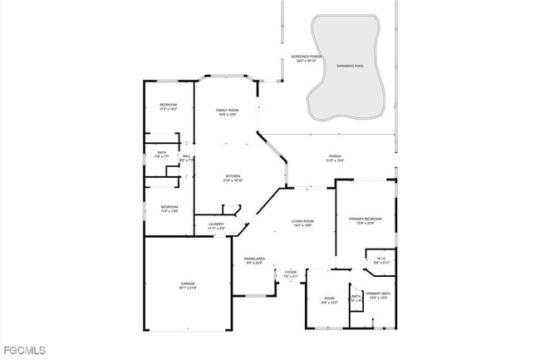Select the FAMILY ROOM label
(227, 111)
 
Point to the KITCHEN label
(233, 175)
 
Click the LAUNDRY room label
(216, 224)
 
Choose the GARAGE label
(188, 284)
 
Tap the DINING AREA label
(254, 259)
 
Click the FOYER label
(291, 272)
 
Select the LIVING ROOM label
(302, 220)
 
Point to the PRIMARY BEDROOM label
(366, 219)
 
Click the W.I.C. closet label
(381, 259)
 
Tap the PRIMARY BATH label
(378, 293)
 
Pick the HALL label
(187, 155)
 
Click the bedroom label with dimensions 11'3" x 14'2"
(169, 104)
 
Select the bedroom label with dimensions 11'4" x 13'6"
(169, 206)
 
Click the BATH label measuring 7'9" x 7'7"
(162, 152)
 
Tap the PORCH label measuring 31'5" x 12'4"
(335, 156)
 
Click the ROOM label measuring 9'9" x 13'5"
(330, 298)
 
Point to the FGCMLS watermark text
(24, 351)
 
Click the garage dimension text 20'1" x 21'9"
(188, 288)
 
